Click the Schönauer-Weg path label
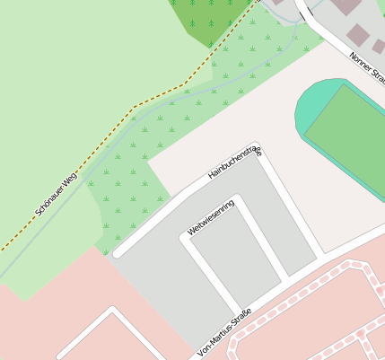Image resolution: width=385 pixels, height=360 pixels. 57,193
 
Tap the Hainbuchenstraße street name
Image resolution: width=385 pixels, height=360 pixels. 234,162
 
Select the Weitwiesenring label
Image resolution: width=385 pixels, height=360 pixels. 211,218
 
